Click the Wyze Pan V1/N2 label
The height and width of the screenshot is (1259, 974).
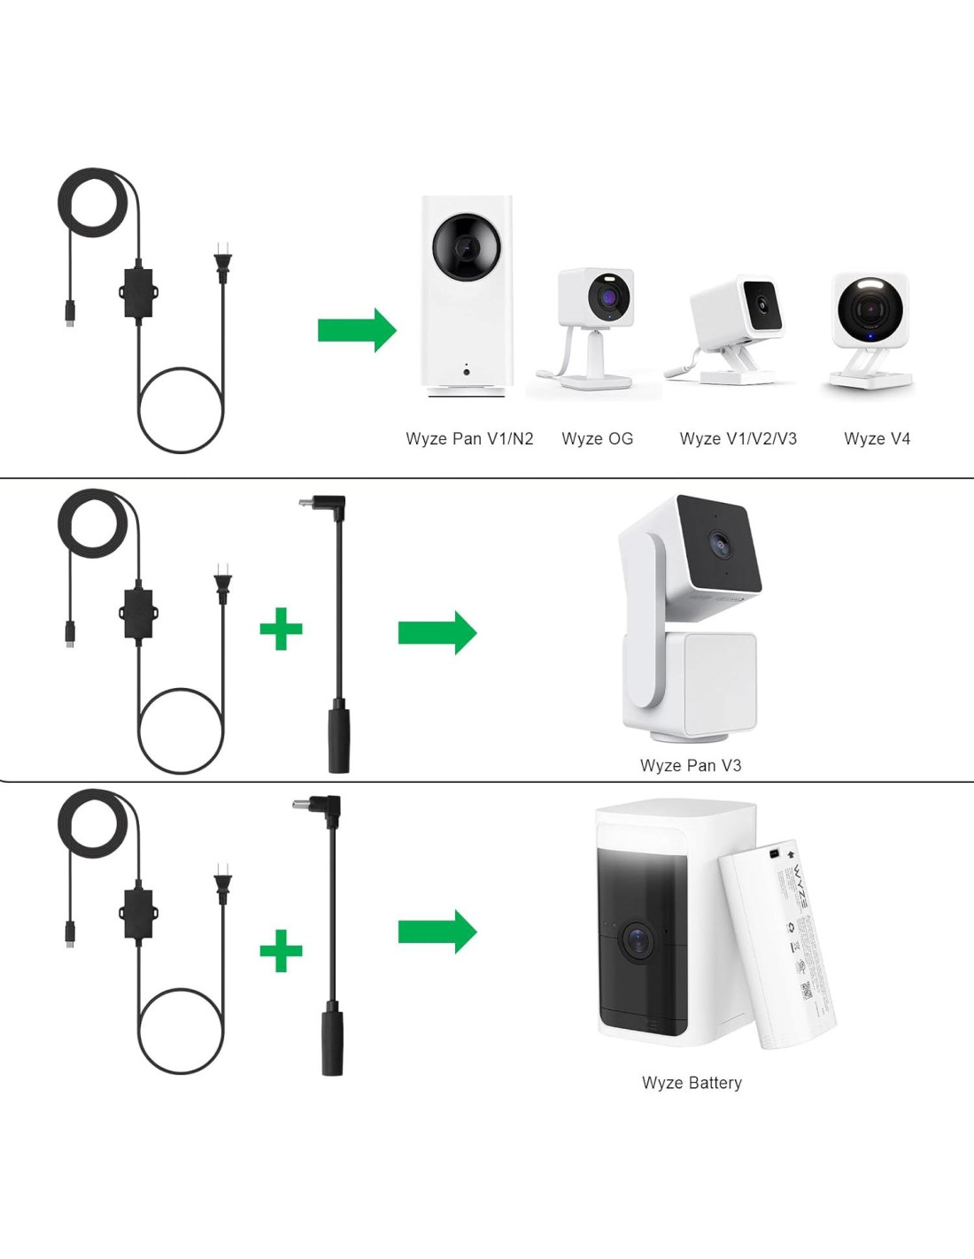tap(469, 439)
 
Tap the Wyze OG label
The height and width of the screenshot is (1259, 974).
tap(598, 439)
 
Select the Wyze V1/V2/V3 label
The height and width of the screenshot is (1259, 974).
tap(738, 439)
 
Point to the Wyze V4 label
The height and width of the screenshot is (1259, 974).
tap(877, 439)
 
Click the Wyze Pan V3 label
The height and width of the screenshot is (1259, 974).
tap(691, 766)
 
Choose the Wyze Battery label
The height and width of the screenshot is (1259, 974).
tap(692, 1083)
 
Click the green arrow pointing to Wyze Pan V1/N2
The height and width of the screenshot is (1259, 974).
tap(357, 330)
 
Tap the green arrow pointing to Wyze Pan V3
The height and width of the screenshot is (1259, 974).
tap(437, 632)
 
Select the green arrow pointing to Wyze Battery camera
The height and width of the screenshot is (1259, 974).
tap(437, 931)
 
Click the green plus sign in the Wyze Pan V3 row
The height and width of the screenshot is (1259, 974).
tap(282, 629)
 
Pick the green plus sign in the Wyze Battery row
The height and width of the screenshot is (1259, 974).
tap(282, 951)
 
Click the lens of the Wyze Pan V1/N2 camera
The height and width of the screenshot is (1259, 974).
tap(467, 247)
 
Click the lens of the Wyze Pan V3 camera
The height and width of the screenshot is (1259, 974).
tap(720, 544)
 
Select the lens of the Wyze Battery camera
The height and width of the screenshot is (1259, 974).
tap(637, 939)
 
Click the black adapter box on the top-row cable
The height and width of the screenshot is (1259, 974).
tap(136, 292)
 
